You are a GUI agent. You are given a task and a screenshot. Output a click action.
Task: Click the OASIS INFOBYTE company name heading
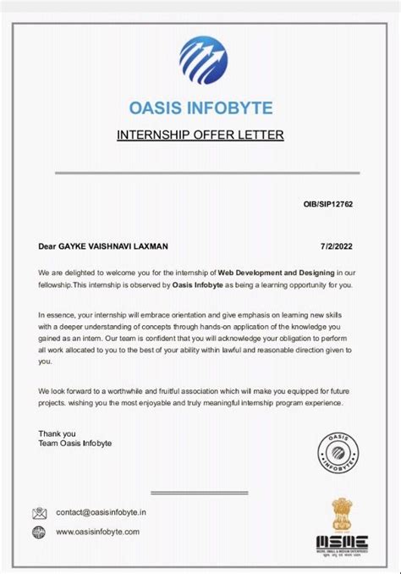pos(200,108)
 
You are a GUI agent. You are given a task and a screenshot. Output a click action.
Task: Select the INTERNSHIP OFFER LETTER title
pos(200,135)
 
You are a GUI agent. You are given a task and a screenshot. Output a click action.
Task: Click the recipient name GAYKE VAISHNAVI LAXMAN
pos(113,246)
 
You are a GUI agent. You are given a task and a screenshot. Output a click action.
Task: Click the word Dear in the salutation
pos(47,246)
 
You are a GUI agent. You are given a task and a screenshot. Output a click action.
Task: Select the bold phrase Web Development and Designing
pos(277,273)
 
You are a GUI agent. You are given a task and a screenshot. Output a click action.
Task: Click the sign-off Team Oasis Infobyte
pos(74,444)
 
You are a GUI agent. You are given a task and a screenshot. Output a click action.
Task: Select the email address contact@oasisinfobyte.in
pos(102,512)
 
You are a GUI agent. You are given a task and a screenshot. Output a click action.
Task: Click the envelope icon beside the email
pos(39,513)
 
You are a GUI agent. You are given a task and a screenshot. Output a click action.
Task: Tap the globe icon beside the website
pos(39,533)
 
